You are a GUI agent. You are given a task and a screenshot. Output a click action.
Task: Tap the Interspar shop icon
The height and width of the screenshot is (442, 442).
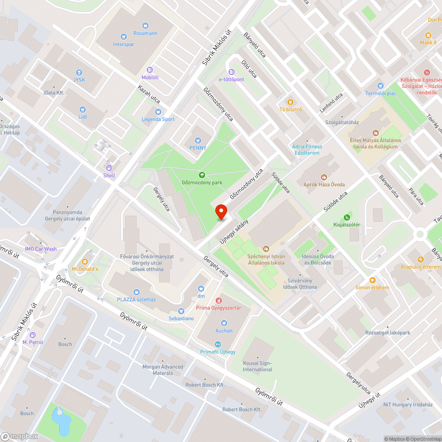(123, 36)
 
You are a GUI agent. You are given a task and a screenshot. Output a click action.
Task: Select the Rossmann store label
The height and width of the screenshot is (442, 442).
(145, 33)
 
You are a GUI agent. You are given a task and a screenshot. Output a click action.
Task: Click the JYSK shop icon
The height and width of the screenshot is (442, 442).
(79, 72)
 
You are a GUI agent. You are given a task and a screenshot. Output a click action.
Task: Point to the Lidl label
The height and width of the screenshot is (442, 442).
(83, 117)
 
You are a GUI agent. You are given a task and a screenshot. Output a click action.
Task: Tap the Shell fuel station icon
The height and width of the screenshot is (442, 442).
(109, 168)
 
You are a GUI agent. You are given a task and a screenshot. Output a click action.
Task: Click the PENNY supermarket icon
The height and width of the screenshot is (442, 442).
(198, 140)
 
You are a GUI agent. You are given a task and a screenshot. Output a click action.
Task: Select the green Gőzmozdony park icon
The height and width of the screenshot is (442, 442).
(202, 175)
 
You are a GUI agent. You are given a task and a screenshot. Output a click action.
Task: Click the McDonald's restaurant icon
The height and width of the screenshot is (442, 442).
(85, 261)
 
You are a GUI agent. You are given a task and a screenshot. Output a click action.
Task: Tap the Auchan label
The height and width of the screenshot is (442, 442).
(224, 331)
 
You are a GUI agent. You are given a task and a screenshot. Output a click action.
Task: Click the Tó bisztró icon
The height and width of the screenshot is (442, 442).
(290, 102)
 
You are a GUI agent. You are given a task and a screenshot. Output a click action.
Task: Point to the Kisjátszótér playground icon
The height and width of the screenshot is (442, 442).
(347, 217)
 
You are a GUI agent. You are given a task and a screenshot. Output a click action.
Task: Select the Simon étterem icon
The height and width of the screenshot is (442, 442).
(372, 280)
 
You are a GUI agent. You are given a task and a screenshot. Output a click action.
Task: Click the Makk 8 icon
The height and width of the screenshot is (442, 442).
(428, 35)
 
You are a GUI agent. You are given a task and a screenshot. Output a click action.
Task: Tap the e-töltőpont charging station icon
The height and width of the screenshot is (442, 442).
(231, 72)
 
